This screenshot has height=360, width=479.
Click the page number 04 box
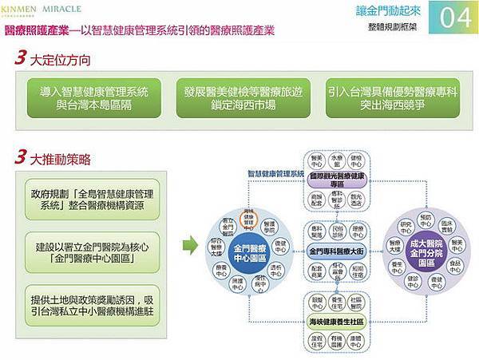coord(454,18)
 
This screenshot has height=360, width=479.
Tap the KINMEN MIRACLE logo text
coord(44,10)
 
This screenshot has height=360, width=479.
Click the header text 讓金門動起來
coord(386,11)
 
